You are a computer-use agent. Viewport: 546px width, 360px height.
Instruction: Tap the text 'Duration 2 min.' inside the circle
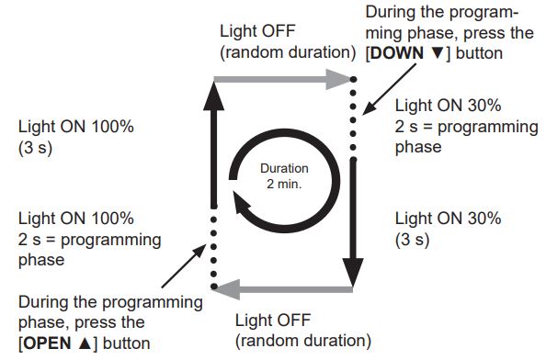[284, 177]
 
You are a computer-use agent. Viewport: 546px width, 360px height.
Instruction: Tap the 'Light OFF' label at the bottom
[273, 321]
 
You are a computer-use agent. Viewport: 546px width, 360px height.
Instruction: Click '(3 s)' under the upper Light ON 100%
[35, 147]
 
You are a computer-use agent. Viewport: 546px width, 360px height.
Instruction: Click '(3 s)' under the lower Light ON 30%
[413, 241]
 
